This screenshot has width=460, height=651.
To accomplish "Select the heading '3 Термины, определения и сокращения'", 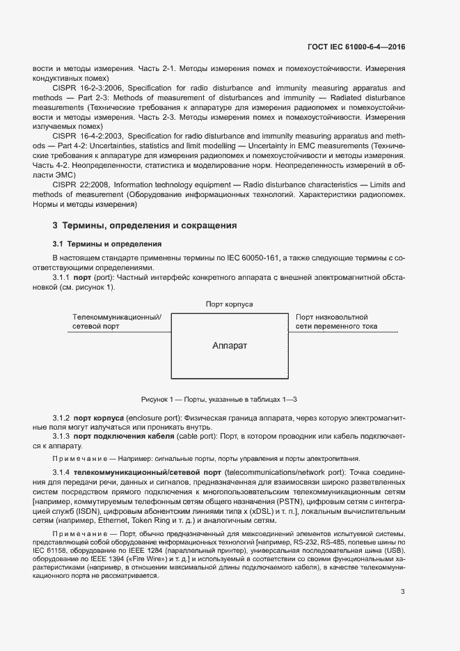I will point(145,226).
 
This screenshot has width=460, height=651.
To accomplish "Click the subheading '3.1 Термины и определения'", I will point(107,244).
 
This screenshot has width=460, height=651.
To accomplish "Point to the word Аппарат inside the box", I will point(230,345).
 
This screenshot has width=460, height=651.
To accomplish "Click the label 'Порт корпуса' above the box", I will point(229,304).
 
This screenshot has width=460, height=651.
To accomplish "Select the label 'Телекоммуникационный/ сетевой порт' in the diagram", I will point(117,320).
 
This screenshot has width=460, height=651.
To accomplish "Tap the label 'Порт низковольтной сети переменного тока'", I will point(337,320).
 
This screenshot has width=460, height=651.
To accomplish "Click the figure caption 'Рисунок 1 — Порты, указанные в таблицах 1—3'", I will point(219,399).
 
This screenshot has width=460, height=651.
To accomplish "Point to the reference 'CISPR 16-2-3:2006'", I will point(85,88).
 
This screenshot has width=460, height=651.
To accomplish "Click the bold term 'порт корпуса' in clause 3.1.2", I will point(104,417).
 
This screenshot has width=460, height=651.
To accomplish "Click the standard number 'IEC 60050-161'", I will point(253,258).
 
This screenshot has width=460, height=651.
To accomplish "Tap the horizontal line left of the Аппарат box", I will point(119,331).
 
